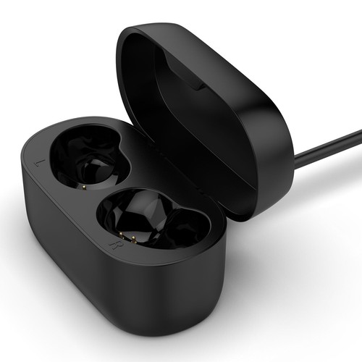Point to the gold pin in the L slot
pos(84,187)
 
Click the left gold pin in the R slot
pos(122,235)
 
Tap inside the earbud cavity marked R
pos(154,219)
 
